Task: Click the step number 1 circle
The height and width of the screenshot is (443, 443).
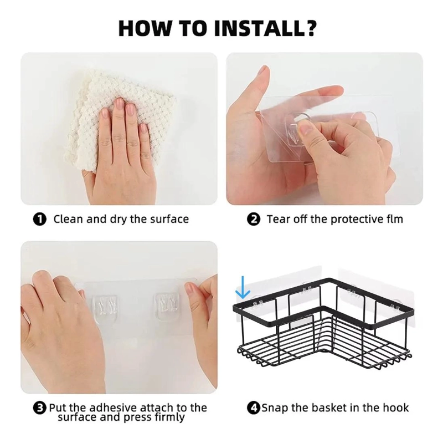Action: pos(39,219)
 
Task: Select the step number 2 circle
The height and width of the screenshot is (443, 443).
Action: pos(254,219)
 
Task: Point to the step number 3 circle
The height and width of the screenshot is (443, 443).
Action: pos(39,408)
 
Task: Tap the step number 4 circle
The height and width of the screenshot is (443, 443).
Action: pos(254,408)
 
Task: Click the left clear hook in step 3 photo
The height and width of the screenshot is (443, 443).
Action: pos(105,308)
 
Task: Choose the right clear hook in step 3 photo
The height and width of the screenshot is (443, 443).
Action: pos(166,307)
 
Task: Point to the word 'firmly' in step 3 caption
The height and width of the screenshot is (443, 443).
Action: pos(169,417)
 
